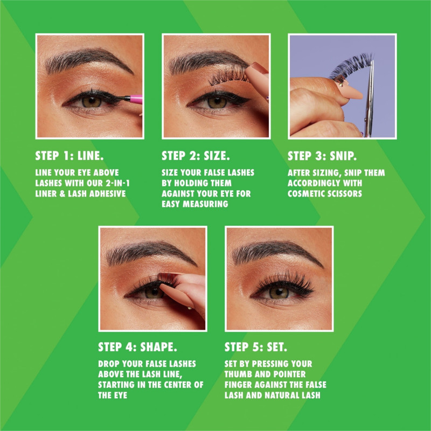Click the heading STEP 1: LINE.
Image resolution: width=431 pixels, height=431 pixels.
click(x=69, y=156)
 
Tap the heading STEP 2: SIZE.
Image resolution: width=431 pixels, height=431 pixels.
click(x=196, y=156)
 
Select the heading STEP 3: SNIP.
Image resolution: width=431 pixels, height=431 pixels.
click(x=322, y=156)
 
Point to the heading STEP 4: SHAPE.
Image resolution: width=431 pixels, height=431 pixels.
click(x=137, y=347)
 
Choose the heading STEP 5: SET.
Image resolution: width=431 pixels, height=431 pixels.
click(x=256, y=347)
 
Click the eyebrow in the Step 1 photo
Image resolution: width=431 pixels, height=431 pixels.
click(x=87, y=60)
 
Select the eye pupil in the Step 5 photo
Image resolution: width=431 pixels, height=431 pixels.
click(x=279, y=291)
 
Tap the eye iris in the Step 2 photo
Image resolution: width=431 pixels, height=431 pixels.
click(x=217, y=102)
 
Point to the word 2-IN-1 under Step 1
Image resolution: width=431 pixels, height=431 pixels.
click(x=117, y=183)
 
